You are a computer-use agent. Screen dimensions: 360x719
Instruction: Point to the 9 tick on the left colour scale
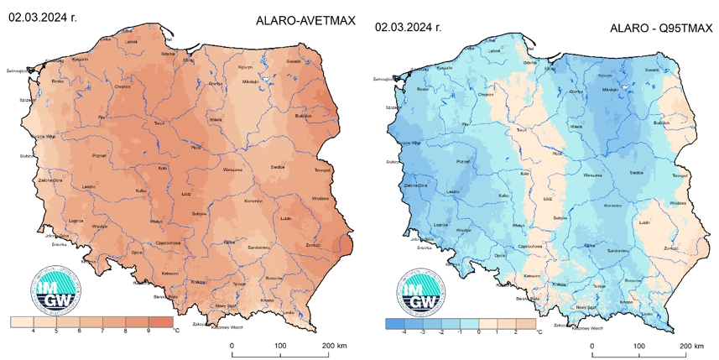point(148,331)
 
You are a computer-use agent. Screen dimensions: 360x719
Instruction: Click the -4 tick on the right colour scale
point(404,332)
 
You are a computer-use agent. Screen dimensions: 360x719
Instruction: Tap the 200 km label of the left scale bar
point(329,347)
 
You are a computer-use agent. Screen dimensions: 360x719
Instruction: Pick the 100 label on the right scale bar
point(640,347)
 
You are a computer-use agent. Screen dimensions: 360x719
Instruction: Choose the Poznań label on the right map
point(461,159)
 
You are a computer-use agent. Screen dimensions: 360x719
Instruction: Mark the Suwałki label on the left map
point(315,60)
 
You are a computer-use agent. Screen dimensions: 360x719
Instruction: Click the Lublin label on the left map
point(286,222)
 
